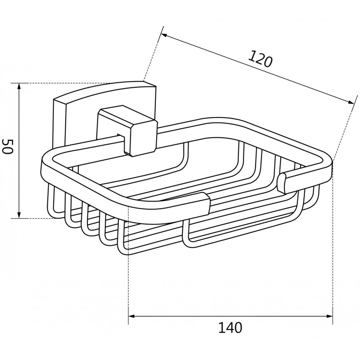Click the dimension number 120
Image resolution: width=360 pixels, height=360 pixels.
pyautogui.click(x=260, y=59)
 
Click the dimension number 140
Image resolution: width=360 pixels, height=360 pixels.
pyautogui.click(x=230, y=328)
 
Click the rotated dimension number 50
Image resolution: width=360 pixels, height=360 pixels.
pyautogui.click(x=7, y=146)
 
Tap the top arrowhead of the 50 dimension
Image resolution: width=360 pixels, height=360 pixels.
pyautogui.click(x=19, y=86)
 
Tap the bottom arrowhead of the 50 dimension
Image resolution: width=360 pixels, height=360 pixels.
pyautogui.click(x=19, y=215)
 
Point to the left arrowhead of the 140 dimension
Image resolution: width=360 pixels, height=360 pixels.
pyautogui.click(x=131, y=316)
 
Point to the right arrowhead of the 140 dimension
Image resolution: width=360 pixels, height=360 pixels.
pyautogui.click(x=329, y=316)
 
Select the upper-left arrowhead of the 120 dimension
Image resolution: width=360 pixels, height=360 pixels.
pyautogui.click(x=165, y=36)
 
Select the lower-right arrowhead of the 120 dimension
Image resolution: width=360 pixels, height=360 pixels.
pyautogui.click(x=351, y=103)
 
